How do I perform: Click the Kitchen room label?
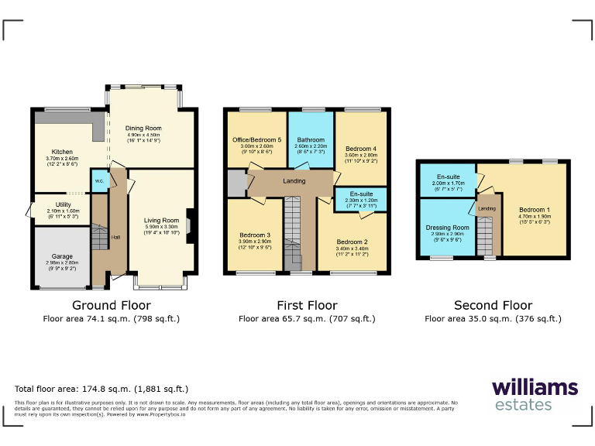(62, 152)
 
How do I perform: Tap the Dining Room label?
(143, 128)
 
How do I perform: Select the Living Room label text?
(161, 221)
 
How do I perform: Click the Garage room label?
(62, 256)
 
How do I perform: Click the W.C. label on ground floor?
(99, 181)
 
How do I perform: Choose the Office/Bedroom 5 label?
(256, 140)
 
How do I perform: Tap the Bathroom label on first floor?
(310, 140)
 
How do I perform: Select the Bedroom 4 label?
(360, 149)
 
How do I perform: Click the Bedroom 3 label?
(255, 235)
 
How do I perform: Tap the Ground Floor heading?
(111, 305)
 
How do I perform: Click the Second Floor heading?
(493, 305)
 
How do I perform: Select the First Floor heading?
(307, 305)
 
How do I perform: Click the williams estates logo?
(534, 395)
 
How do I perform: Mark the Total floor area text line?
(101, 389)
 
